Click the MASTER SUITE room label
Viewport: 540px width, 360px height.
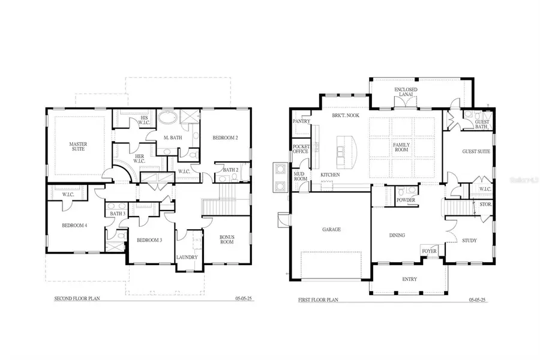click(78, 146)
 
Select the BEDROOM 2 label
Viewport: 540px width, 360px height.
click(225, 138)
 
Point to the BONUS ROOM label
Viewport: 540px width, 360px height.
click(226, 239)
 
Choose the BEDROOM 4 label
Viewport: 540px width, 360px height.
click(74, 226)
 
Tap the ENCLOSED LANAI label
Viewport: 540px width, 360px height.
click(406, 92)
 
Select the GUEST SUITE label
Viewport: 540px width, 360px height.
click(476, 151)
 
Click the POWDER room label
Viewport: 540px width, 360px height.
click(406, 200)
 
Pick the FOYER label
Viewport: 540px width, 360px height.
click(429, 251)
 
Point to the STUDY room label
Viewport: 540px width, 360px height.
click(469, 241)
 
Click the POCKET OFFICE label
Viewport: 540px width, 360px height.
click(300, 149)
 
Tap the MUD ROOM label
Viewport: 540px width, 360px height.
click(299, 177)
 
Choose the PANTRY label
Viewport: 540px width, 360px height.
click(300, 121)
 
